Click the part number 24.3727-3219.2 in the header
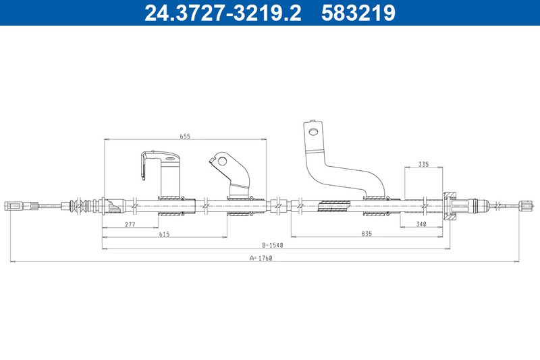[x=223, y=13]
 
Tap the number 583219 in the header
[x=358, y=13]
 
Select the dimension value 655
[x=185, y=136]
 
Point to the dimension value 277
[x=130, y=224]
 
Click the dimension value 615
[x=164, y=234]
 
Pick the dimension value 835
[x=367, y=234]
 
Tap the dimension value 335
[x=424, y=164]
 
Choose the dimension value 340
[x=421, y=224]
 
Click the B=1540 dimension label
[x=272, y=245]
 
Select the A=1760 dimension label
[x=261, y=258]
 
